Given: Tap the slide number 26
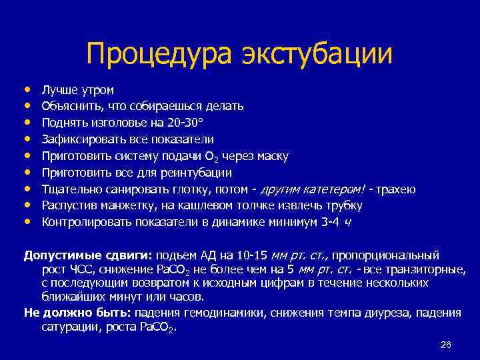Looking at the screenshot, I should (446, 345).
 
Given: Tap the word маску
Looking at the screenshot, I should (273, 156).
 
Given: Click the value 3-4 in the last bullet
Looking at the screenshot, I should (333, 221).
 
